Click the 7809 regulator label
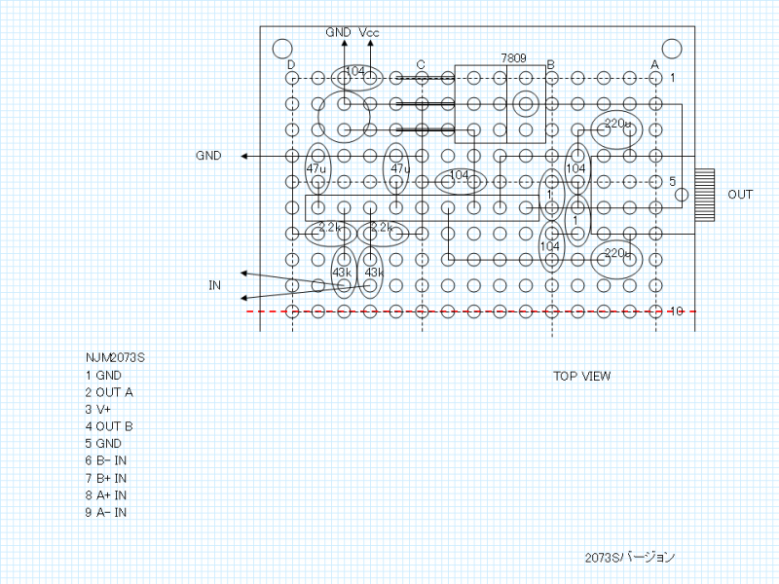(513, 58)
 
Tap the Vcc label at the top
(369, 33)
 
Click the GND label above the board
(338, 33)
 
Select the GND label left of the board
(208, 156)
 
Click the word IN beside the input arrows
(214, 285)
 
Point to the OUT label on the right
(740, 195)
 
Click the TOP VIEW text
(582, 377)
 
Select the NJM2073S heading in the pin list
(115, 357)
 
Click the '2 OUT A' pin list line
(109, 392)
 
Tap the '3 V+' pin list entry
(98, 410)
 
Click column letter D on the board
(291, 65)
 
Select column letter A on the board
(654, 65)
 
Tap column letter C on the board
(421, 65)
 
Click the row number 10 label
(679, 311)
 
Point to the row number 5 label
(672, 181)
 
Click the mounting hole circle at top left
(281, 49)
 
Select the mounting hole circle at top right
(672, 49)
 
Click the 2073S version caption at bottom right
(629, 558)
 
